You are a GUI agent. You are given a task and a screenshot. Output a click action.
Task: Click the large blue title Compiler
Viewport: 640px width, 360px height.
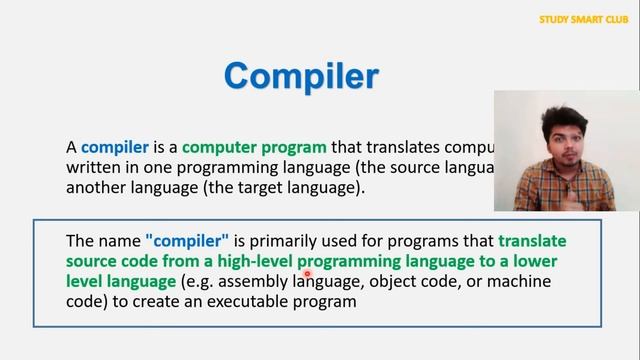(302, 76)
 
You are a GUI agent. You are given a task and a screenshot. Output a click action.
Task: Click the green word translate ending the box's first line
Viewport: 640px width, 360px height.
(531, 241)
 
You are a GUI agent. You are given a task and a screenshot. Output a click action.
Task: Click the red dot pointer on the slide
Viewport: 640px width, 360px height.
(308, 271)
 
